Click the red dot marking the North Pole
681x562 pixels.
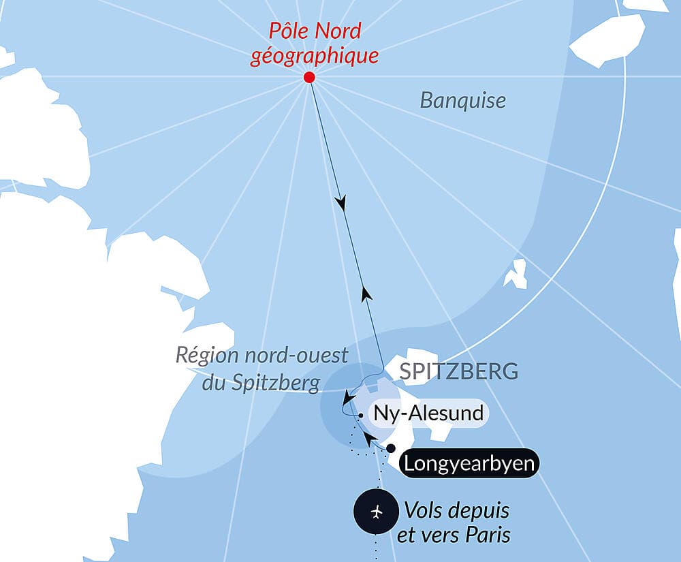[x=309, y=78]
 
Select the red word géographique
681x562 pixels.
[x=314, y=56]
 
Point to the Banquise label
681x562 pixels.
[x=463, y=101]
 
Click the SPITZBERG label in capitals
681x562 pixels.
[x=458, y=371]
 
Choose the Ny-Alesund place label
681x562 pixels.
[x=428, y=413]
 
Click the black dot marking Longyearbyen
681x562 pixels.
[x=391, y=448]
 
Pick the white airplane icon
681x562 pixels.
[x=377, y=511]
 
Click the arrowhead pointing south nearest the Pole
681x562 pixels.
[x=341, y=203]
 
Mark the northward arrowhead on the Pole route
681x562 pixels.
[x=366, y=294]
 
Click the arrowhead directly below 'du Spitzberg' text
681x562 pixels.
[x=348, y=398]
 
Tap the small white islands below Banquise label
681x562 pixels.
[x=516, y=274]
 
